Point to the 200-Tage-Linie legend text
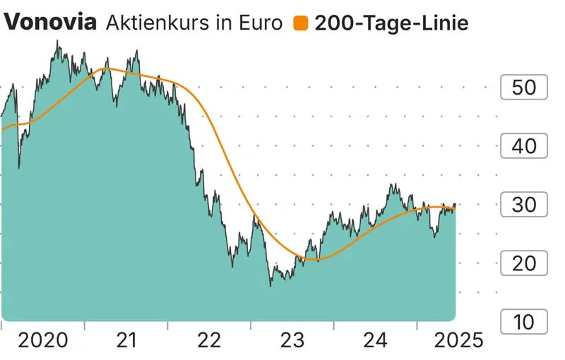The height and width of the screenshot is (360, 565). (391, 23)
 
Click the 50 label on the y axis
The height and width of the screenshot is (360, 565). (524, 88)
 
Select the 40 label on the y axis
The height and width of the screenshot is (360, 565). (524, 147)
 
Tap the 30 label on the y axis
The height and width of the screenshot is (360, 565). (524, 205)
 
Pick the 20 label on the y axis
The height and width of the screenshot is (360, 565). (524, 264)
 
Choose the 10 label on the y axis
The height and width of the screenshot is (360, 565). (524, 323)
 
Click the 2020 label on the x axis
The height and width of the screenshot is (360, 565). (43, 341)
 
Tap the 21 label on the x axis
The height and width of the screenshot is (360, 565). (126, 341)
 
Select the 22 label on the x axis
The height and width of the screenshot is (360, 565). (210, 341)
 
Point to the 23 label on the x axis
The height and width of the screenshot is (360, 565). (292, 341)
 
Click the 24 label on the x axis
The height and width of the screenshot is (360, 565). (376, 341)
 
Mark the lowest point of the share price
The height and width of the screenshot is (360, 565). (270, 285)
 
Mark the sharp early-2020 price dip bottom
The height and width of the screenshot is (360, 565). (18, 167)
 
